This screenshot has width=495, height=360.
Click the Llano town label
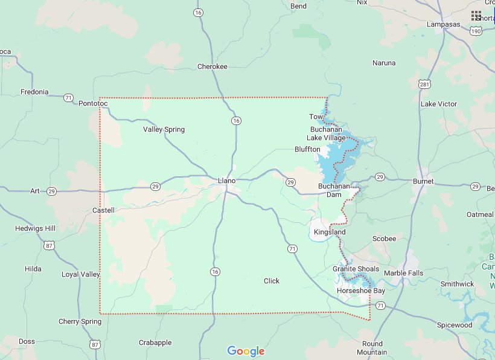(x=226, y=181)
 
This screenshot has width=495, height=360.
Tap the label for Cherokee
(x=212, y=66)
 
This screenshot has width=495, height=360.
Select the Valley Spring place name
(x=164, y=129)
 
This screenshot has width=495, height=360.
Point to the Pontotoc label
(x=93, y=104)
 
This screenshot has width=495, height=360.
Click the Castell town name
(x=103, y=210)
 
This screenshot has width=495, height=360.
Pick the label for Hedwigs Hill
(x=36, y=228)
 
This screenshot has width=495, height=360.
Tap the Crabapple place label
(x=155, y=342)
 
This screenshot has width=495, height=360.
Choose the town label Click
(x=272, y=281)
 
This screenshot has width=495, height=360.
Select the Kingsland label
(x=330, y=232)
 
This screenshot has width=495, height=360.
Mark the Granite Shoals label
(x=356, y=269)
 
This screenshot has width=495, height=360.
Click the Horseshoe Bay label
(x=360, y=291)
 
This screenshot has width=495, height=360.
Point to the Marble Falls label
(x=404, y=273)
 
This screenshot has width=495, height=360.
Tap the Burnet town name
(x=423, y=181)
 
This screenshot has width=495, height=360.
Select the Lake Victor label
(x=439, y=104)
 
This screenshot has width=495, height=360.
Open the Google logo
(x=246, y=351)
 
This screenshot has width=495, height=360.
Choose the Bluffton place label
(x=307, y=149)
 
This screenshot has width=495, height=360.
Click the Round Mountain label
(x=372, y=348)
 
